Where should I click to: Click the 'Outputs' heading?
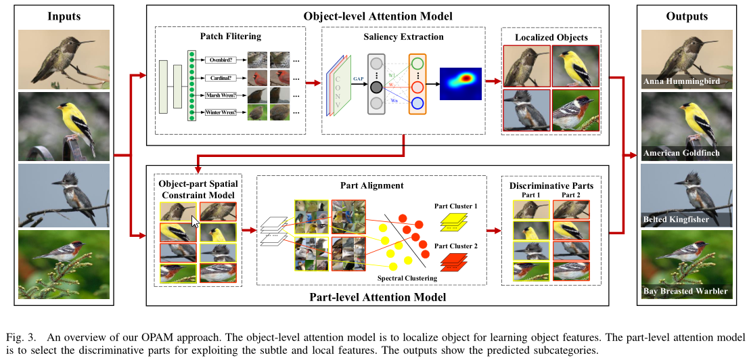click(686, 16)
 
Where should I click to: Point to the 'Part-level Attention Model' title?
click(378, 296)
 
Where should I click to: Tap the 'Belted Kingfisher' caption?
click(677, 221)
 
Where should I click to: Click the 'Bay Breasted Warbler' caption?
click(685, 292)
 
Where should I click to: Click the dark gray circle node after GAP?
click(377, 86)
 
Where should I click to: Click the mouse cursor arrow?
click(196, 222)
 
